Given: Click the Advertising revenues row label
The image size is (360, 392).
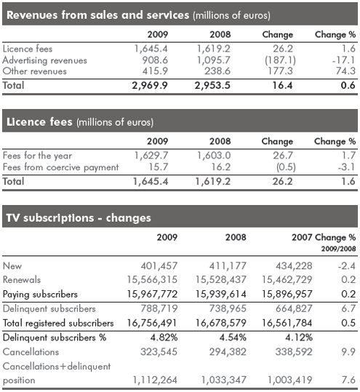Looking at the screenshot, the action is pos(45,60).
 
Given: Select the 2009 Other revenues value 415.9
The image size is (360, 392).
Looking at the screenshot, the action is pos(155,71).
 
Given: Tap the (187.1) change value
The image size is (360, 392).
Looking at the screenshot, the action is pos(280,60).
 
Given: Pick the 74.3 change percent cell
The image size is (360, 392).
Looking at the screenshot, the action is pos(345,71).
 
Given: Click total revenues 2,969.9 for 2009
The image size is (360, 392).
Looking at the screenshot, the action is pos(150,86).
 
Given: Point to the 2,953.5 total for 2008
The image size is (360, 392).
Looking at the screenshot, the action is pos(212,86).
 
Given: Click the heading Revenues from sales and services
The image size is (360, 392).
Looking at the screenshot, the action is pos(97,15).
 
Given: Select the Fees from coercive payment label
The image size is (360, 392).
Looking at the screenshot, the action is pos(61,167).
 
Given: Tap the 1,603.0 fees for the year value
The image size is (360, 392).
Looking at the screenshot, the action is pos(214,156).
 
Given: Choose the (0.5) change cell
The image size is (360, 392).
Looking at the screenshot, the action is pos(286,167).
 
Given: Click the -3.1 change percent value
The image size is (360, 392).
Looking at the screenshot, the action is pos(346,167).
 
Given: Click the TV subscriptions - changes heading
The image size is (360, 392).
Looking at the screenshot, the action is pos(79,217).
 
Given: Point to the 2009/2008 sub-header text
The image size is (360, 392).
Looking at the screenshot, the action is pos(338,249).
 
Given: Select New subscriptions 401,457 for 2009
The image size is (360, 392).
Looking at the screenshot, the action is pos(159,265).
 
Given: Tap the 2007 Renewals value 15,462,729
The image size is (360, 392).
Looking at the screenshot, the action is pos(287,280).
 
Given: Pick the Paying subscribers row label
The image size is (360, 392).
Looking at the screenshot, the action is pos(40,295).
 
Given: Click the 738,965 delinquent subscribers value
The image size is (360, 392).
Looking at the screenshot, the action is pos(228,309).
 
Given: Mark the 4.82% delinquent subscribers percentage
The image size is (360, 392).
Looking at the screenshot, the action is pos(164,337).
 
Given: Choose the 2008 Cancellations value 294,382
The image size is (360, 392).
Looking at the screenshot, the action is pos(228,352).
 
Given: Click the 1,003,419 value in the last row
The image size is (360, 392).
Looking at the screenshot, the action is pos(290,380).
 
